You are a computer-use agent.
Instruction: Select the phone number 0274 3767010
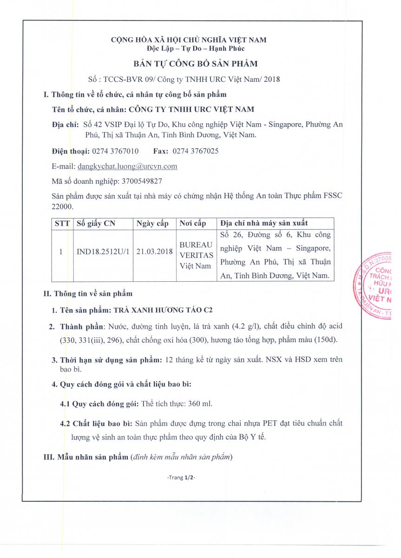[115, 151]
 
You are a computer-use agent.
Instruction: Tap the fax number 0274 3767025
[196, 151]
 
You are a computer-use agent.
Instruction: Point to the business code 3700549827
[142, 180]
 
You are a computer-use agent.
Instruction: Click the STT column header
[62, 223]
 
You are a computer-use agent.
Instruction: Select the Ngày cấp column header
[153, 223]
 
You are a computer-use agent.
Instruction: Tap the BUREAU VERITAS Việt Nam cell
[196, 255]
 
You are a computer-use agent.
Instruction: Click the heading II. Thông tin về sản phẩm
[88, 294]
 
